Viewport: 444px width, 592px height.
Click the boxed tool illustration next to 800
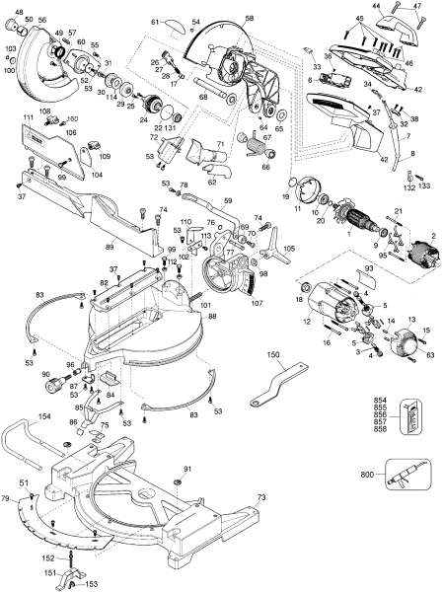[x=405, y=475]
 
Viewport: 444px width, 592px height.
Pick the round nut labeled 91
[x=177, y=481]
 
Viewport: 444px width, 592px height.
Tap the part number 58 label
[x=248, y=18]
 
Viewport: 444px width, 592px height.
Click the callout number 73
[x=260, y=499]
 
